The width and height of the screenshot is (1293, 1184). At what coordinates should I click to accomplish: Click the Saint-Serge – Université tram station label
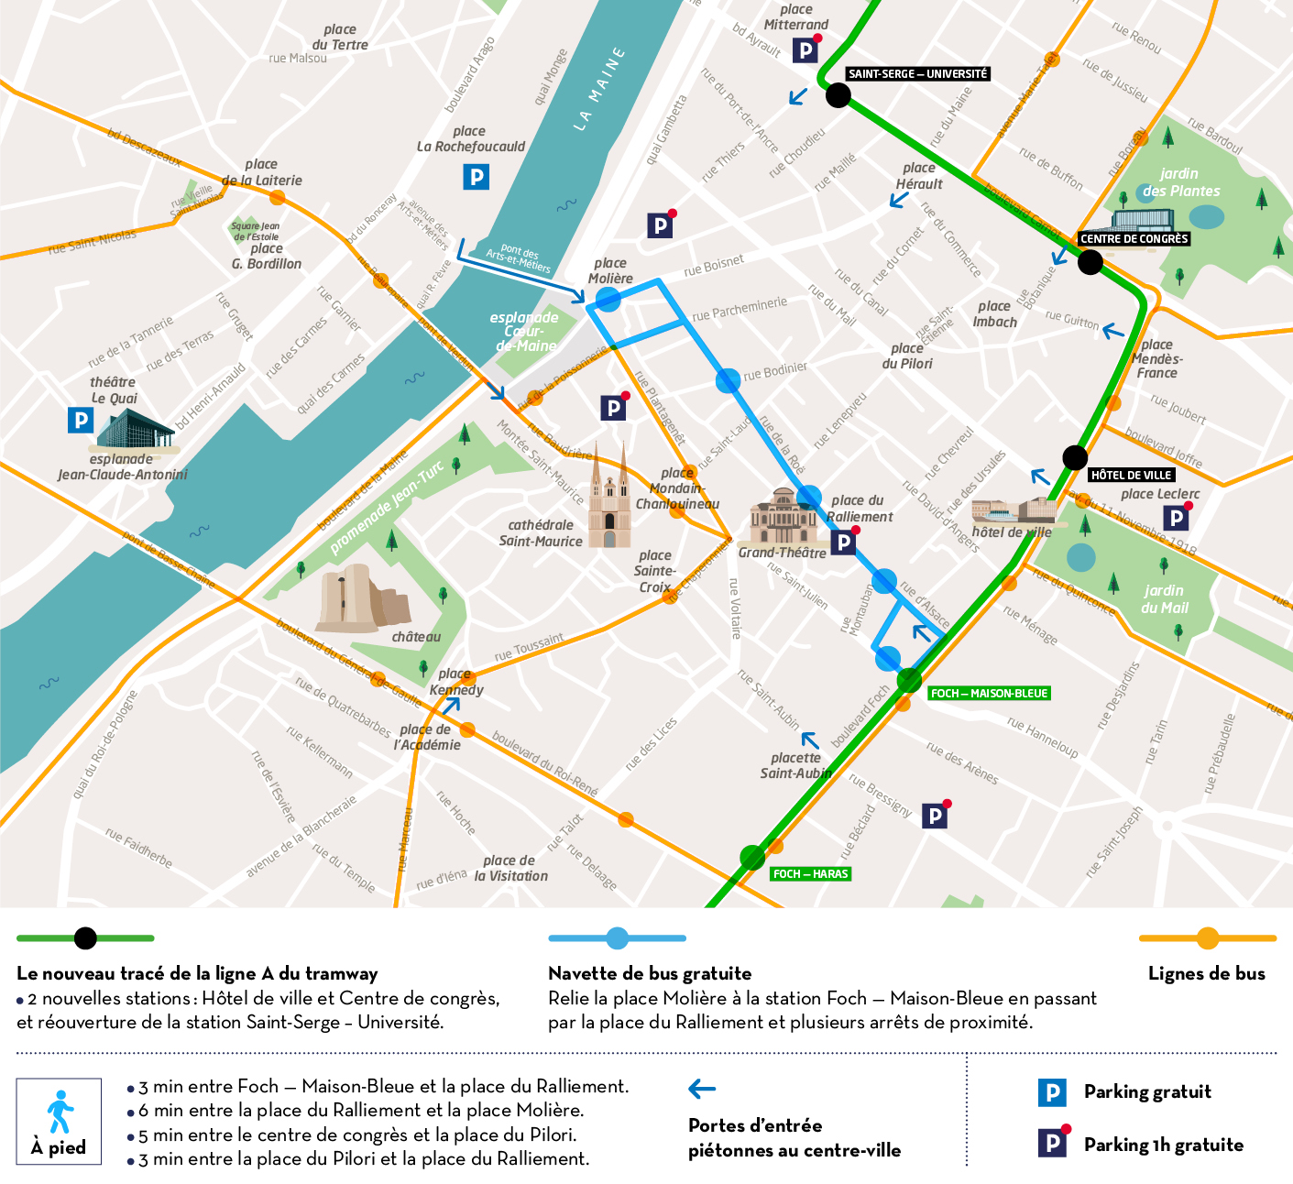917,73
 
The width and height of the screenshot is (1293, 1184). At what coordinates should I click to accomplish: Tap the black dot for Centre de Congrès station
1090,262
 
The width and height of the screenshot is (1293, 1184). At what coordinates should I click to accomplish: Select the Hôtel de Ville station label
1131,475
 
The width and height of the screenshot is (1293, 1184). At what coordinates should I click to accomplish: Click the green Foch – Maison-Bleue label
989,693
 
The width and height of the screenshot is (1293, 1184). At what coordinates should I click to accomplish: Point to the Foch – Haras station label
810,873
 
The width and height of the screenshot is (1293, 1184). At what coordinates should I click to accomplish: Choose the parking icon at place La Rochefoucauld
476,177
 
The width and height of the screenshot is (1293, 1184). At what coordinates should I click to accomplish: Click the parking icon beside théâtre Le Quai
81,420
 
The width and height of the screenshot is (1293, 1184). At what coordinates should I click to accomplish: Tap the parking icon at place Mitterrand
805,50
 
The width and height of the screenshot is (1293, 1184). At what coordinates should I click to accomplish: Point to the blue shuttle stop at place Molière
608,299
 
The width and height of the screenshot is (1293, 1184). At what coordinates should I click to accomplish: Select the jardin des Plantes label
1180,182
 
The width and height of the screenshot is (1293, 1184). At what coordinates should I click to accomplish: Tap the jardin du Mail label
1164,599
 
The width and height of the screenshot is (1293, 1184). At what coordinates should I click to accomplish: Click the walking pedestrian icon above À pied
60,1112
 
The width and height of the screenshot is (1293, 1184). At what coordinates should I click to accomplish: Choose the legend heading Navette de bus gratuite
650,973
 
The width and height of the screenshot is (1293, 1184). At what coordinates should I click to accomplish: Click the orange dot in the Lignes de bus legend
1208,938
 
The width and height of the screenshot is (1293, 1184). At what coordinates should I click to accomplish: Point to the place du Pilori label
907,356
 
